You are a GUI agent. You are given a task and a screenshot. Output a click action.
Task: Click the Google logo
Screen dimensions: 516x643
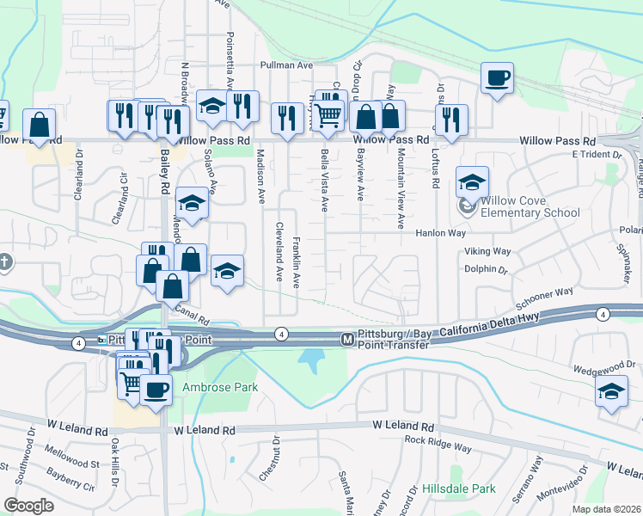29,505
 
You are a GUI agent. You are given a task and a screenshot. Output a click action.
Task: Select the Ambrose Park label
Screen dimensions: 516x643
220,388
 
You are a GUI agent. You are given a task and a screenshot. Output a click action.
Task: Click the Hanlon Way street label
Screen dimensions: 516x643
440,233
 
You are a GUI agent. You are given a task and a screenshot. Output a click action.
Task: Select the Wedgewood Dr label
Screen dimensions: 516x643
608,365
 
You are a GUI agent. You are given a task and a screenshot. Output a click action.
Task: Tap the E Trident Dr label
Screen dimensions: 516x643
596,155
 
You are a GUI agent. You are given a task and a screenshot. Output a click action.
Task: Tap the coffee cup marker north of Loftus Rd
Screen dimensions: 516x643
497,79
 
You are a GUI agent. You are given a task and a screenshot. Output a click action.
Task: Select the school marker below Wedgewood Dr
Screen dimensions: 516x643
611,392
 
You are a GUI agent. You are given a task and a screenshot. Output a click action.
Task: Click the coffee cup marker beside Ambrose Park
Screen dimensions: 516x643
156,390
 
